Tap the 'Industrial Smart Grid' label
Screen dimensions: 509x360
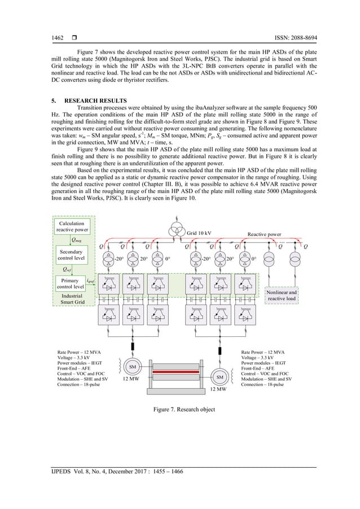click(x=71, y=299)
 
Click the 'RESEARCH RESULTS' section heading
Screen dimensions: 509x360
click(x=85, y=99)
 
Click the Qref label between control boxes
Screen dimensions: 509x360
click(x=67, y=269)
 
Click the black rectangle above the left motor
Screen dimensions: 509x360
click(x=134, y=346)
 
